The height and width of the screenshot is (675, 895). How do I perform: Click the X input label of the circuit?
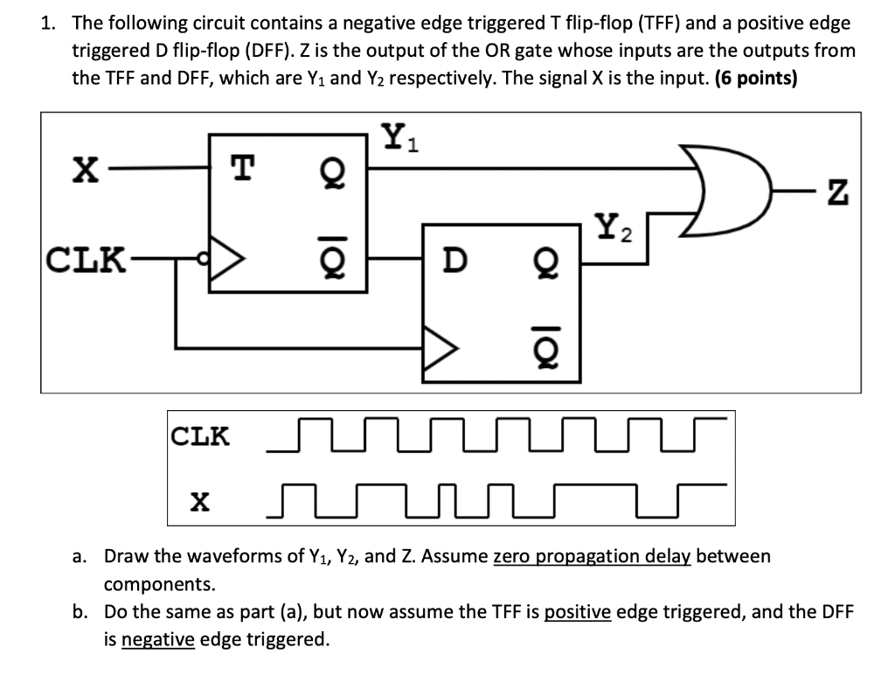click(84, 169)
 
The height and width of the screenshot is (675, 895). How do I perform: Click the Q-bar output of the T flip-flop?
click(332, 260)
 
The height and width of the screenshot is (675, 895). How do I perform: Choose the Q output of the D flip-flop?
click(545, 260)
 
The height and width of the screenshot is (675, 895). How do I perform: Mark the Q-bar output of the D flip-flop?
click(545, 349)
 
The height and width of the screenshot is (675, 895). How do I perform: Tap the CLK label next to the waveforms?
click(200, 435)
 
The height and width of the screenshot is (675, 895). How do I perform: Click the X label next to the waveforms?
click(200, 501)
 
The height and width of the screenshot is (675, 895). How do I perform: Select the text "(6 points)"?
click(756, 78)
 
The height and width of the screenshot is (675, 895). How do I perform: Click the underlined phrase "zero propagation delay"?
click(592, 556)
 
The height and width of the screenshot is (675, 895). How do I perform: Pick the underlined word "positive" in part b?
click(577, 612)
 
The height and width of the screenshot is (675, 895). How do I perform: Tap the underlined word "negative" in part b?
click(158, 640)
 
